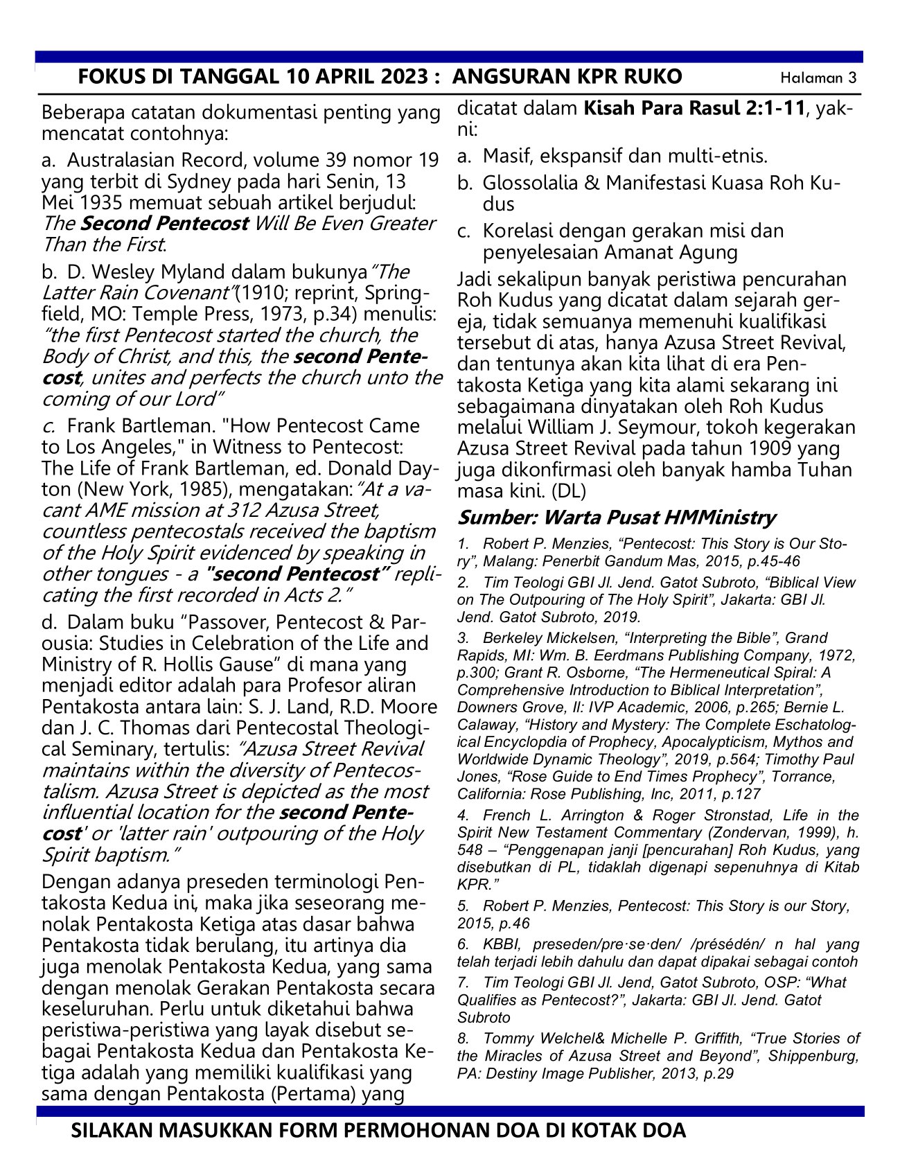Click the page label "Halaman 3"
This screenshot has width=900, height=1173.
coord(818,78)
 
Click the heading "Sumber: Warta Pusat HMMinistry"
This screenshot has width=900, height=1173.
coord(617,518)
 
